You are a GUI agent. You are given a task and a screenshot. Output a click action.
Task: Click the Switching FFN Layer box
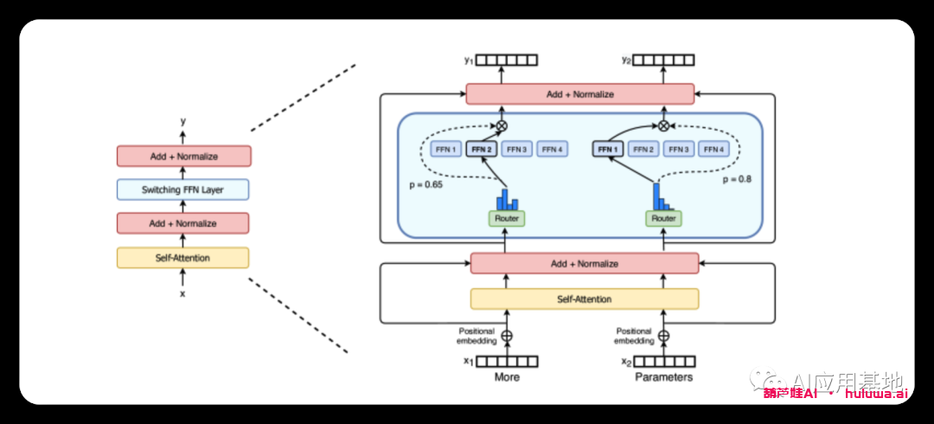click(182, 190)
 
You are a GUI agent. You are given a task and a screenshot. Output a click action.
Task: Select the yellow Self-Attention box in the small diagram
click(182, 257)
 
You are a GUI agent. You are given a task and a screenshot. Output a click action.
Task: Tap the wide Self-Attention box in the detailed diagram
click(584, 299)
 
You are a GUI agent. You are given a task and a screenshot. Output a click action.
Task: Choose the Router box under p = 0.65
click(506, 219)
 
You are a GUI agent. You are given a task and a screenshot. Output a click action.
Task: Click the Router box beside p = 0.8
click(663, 219)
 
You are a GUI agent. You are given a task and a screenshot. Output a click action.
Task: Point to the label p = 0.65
click(425, 185)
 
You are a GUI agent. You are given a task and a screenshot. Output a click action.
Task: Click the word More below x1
click(507, 377)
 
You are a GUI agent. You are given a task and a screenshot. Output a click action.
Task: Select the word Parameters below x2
click(664, 377)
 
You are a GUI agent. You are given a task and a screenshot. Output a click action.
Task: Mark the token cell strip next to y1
click(508, 60)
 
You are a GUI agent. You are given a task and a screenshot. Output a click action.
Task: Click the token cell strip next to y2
click(665, 60)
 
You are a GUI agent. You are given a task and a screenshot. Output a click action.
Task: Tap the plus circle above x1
click(507, 336)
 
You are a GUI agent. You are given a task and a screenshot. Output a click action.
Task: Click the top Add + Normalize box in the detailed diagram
click(579, 93)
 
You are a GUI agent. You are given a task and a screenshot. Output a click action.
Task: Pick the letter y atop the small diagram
click(182, 122)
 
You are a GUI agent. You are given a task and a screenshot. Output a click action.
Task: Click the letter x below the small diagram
click(182, 293)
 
